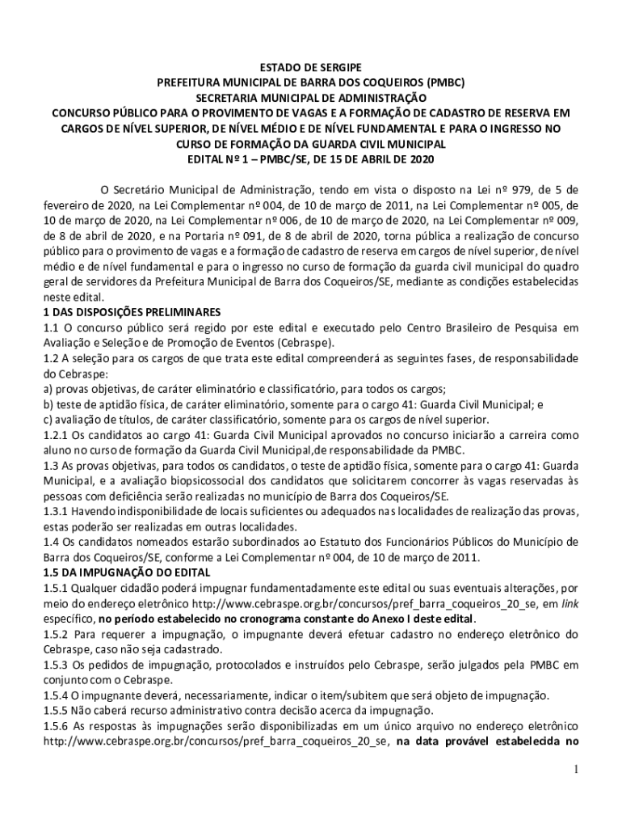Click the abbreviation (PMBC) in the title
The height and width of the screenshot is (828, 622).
[448, 82]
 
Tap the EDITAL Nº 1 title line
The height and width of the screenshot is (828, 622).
[311, 159]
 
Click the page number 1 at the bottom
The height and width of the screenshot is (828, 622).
[574, 769]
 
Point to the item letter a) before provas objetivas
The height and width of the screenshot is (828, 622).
[48, 388]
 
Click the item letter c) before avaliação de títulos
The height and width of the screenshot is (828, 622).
[48, 419]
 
